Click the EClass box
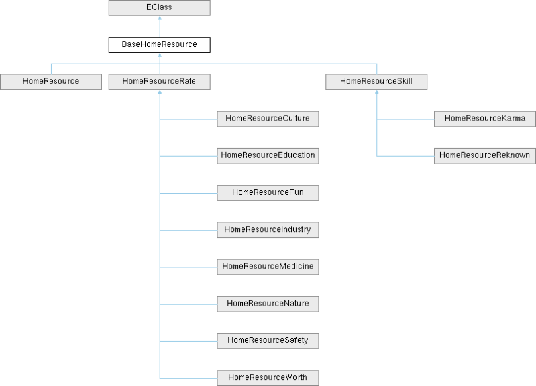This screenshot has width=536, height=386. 159,8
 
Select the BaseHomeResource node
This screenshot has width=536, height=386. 159,45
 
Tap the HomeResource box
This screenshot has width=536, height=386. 50,82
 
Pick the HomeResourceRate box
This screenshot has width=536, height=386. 159,82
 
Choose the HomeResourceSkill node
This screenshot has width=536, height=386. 376,82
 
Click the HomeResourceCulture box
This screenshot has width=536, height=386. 267,119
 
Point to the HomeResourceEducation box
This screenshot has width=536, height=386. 267,155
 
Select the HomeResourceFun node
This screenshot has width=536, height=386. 267,192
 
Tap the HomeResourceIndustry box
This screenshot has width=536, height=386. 267,229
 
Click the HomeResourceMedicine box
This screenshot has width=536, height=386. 267,266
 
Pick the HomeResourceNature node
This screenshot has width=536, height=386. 267,303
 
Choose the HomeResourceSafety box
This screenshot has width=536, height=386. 267,340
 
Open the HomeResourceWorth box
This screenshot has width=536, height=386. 267,377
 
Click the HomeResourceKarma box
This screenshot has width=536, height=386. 485,119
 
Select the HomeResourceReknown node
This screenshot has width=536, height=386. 485,155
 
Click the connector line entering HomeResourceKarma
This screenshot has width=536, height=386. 406,119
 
